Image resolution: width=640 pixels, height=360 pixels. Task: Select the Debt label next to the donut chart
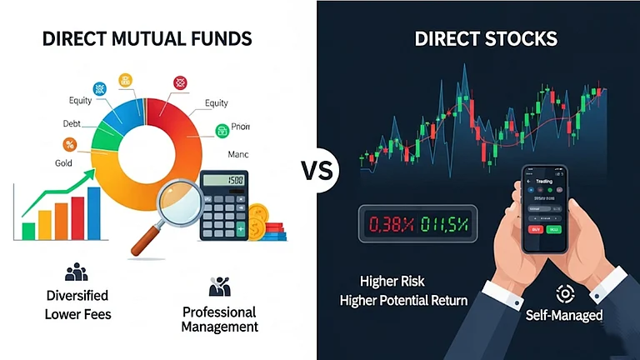[x=72, y=123]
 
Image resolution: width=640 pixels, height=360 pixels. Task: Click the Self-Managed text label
[x=563, y=317]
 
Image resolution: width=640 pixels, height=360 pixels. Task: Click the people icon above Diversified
[x=76, y=272]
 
